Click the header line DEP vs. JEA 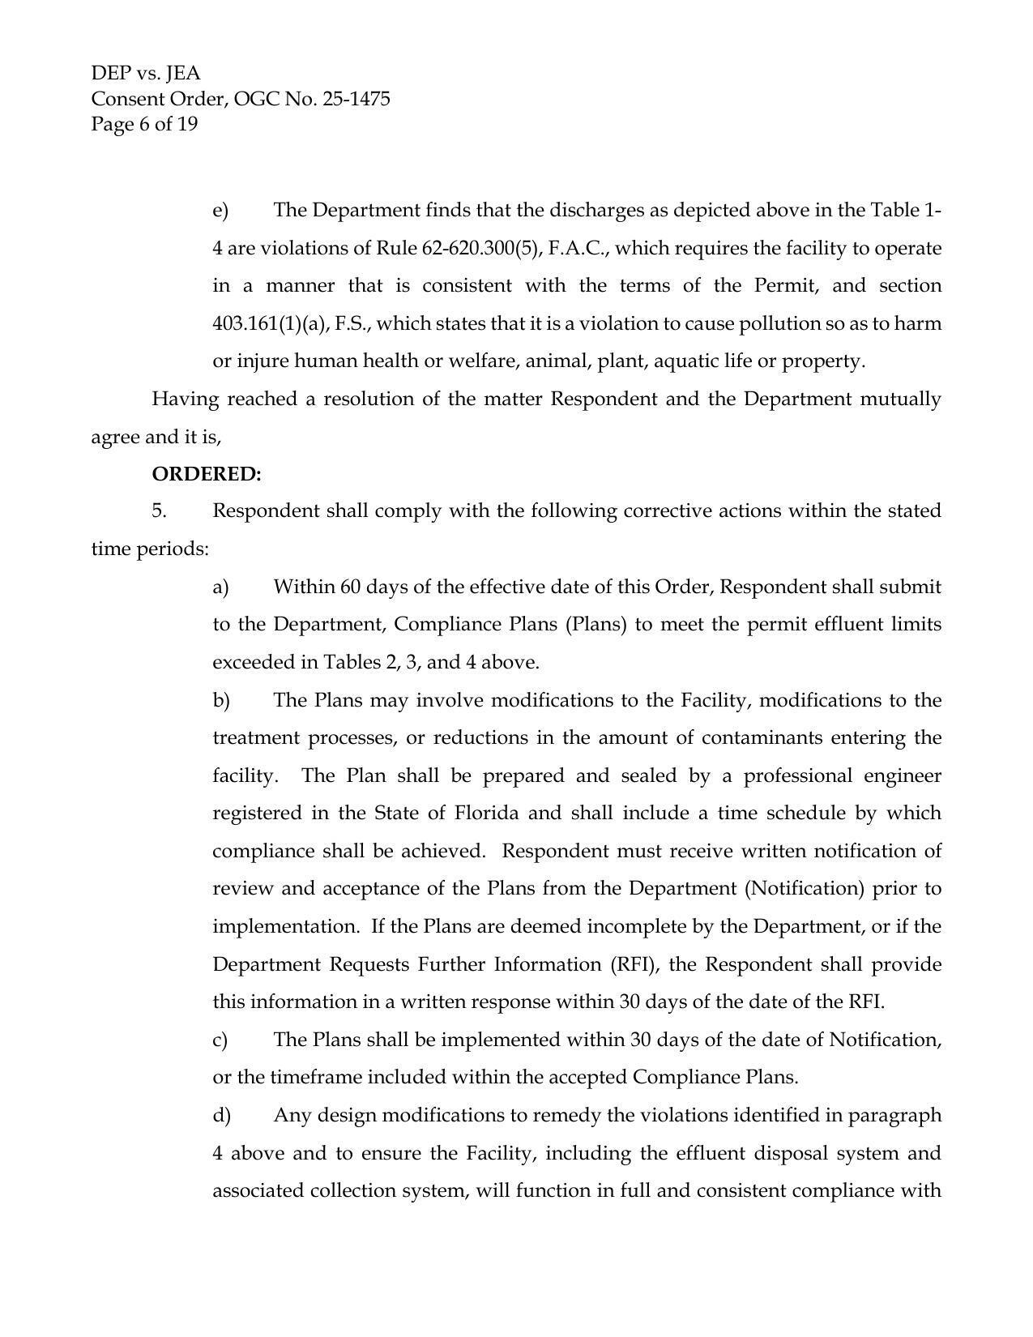coord(146,74)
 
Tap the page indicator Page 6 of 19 coord(144,124)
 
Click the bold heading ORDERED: coord(207,474)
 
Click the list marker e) coord(220,211)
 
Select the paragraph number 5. coord(159,511)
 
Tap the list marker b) coord(221,700)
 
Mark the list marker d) coord(221,1116)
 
